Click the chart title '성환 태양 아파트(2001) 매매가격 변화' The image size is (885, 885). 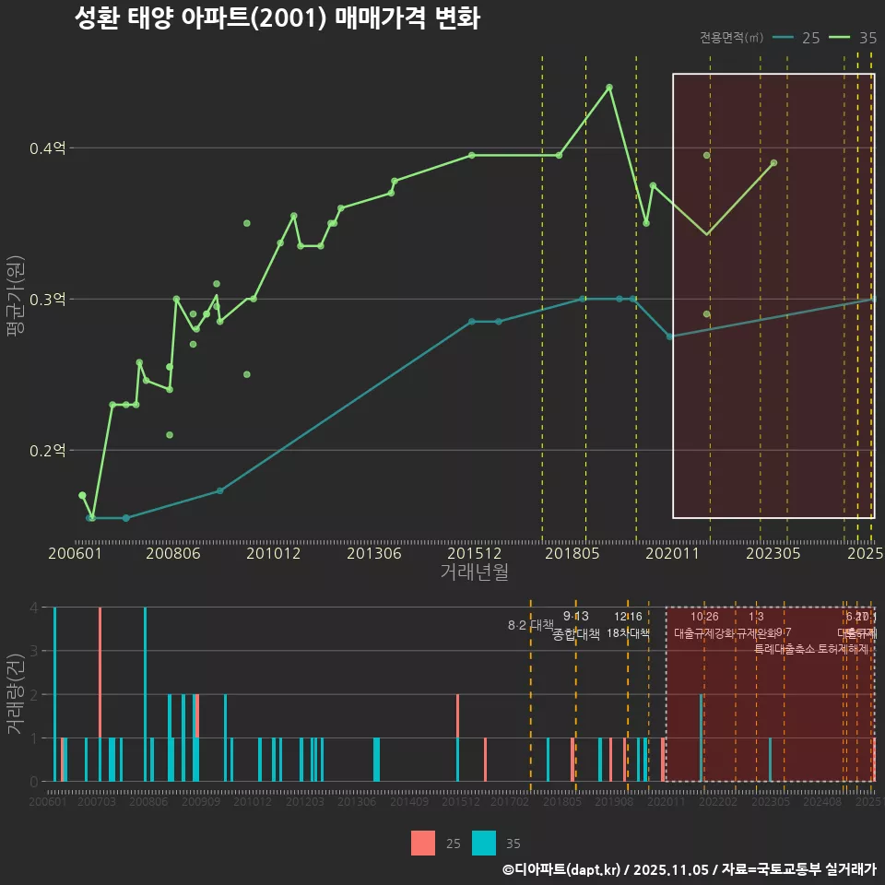click(277, 19)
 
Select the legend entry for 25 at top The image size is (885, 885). click(796, 38)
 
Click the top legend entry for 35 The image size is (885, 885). click(853, 38)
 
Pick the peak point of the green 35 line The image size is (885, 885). click(609, 87)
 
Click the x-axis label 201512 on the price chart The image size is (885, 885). click(474, 553)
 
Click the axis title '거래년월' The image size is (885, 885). click(474, 572)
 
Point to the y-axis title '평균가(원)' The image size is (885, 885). click(15, 300)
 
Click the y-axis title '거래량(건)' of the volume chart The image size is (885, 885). click(15, 693)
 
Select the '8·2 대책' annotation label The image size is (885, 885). click(530, 625)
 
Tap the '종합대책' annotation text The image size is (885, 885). click(576, 634)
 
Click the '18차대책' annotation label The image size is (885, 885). click(629, 633)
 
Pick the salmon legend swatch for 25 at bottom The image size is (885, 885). click(423, 843)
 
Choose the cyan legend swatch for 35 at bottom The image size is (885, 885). click(484, 843)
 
